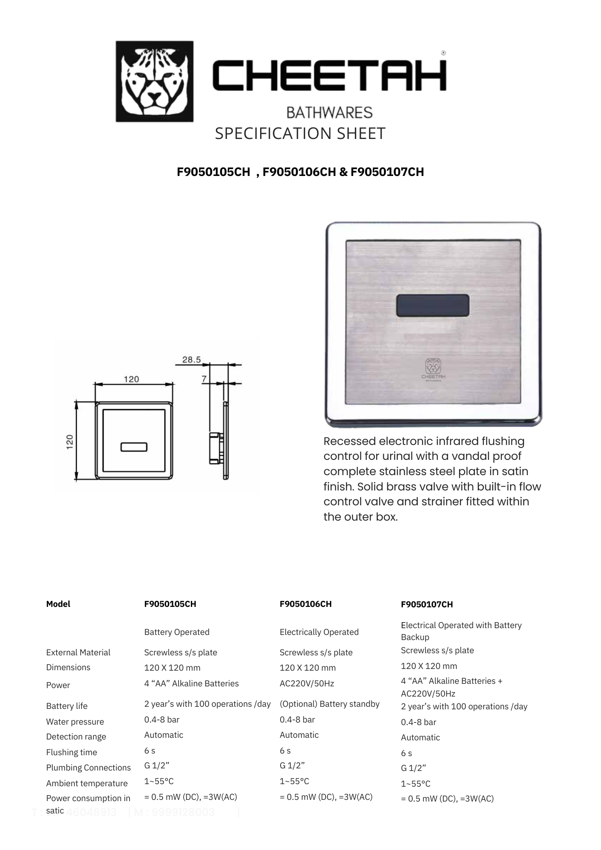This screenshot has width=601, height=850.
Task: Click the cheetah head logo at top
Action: click(x=154, y=81)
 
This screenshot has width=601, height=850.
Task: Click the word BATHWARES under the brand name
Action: click(x=329, y=113)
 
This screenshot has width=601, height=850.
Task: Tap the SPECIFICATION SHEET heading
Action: click(x=300, y=133)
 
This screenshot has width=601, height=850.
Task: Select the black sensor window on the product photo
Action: click(x=433, y=306)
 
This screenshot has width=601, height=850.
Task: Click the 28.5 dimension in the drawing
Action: click(x=191, y=360)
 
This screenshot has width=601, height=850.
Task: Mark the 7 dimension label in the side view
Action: click(x=204, y=378)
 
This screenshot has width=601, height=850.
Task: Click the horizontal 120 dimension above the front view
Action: click(x=131, y=379)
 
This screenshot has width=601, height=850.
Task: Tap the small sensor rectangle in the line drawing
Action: click(x=134, y=447)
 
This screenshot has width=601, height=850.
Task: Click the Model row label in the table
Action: click(x=58, y=604)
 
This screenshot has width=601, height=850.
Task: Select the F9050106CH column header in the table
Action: click(x=306, y=604)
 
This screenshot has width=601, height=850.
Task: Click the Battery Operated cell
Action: click(x=177, y=632)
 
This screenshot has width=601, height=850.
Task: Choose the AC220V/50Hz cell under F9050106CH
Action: click(x=307, y=683)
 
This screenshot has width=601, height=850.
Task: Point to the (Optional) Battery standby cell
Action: click(x=329, y=704)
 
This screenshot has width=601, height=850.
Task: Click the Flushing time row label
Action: click(x=72, y=752)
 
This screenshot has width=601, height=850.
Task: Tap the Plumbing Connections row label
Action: click(x=88, y=768)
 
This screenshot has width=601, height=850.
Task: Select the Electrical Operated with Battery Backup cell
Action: click(x=461, y=631)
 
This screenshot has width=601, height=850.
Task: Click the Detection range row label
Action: click(x=76, y=737)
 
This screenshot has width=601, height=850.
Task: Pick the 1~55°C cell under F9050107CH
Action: click(x=416, y=784)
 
